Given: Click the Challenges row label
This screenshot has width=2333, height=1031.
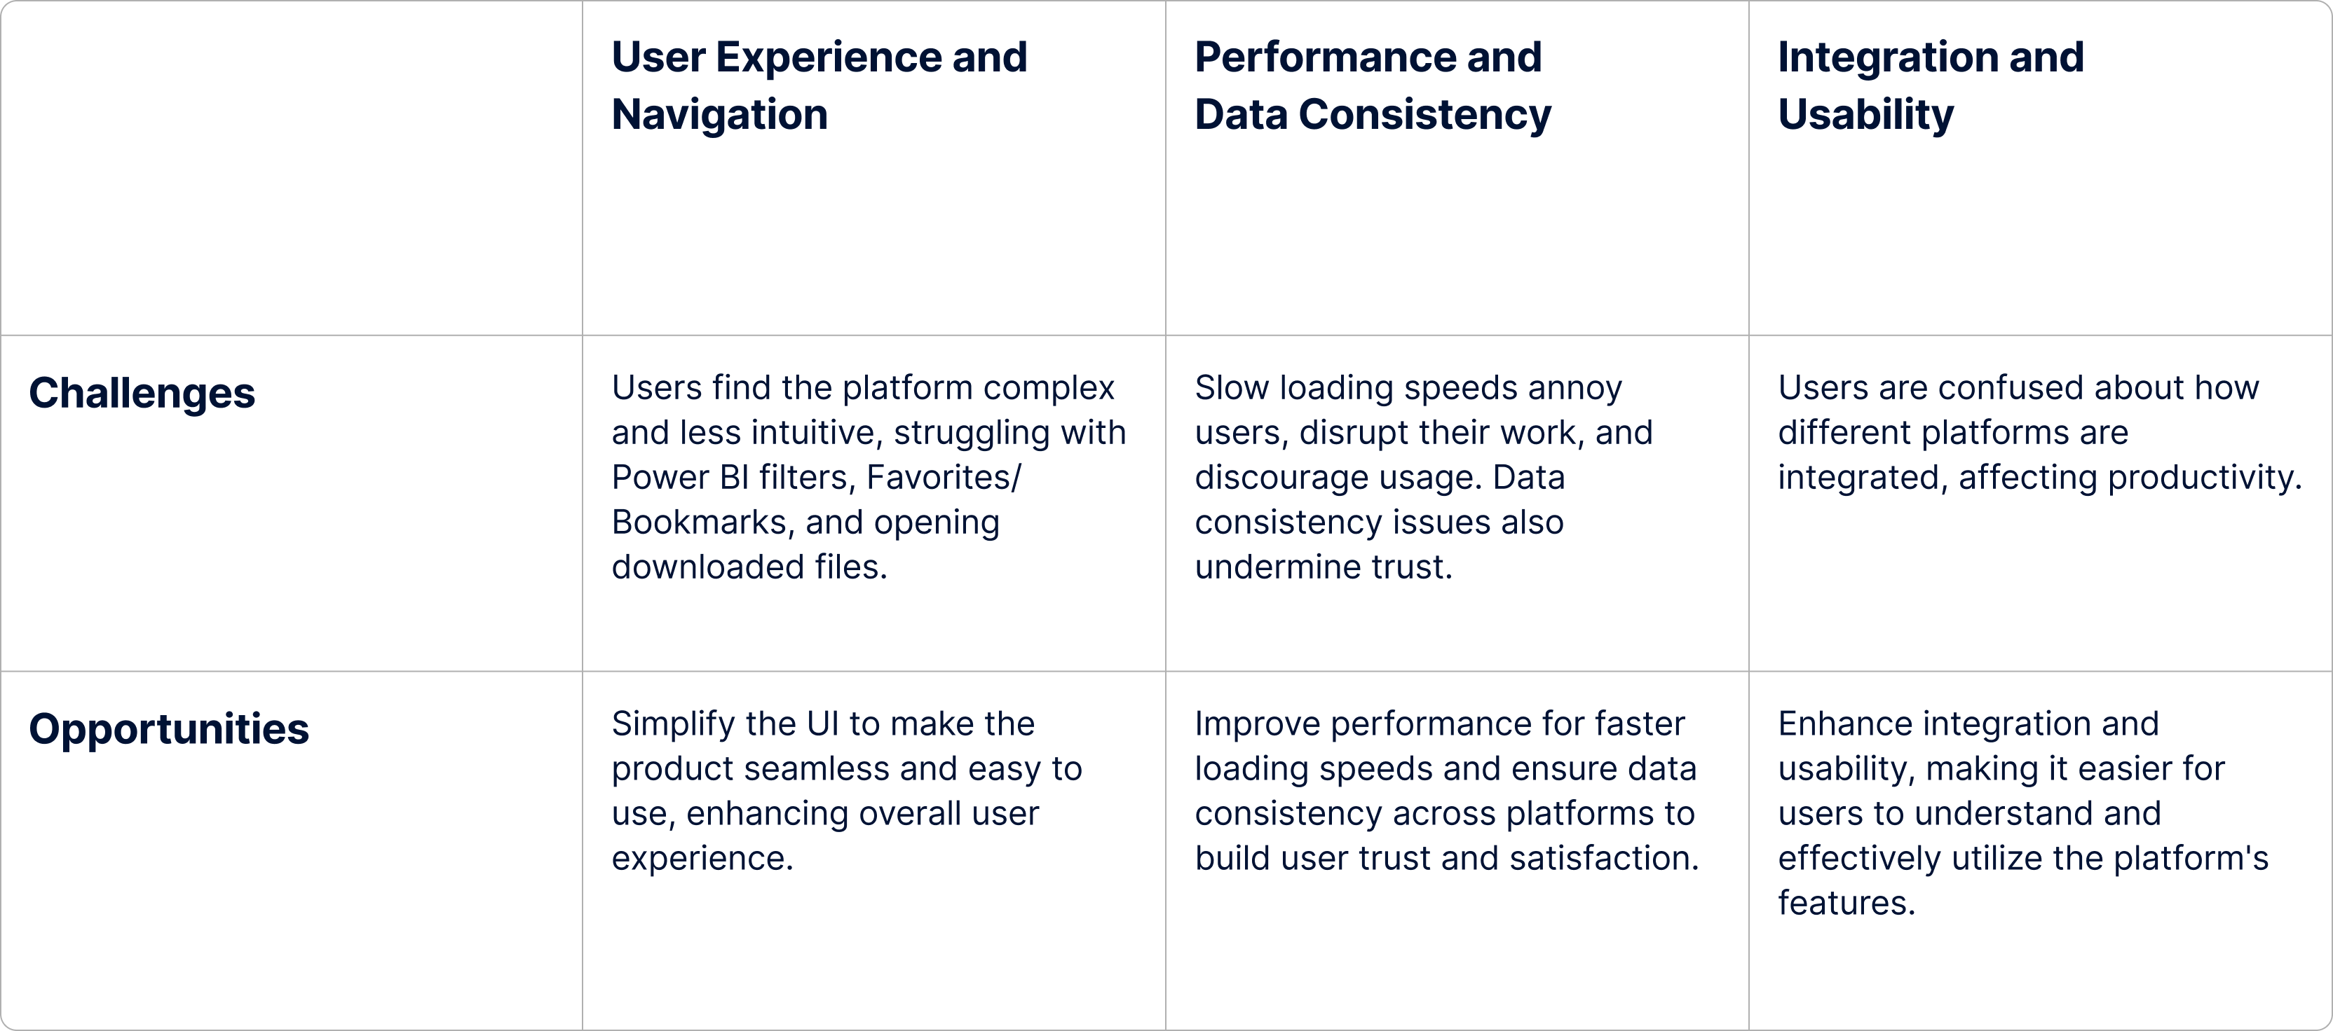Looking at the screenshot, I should click(142, 393).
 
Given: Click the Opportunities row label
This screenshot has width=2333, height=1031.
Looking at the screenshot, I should click(168, 728).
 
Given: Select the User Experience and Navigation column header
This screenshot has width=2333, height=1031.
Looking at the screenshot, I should click(819, 85).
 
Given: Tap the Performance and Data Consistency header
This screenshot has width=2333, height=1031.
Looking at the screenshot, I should click(1371, 85).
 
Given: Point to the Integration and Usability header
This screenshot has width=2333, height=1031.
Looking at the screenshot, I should click(1930, 85).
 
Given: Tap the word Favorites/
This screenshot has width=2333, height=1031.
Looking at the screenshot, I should click(943, 477).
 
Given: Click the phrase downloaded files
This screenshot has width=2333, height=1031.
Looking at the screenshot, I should click(748, 567).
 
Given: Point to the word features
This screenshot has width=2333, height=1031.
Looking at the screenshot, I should click(1845, 904).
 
